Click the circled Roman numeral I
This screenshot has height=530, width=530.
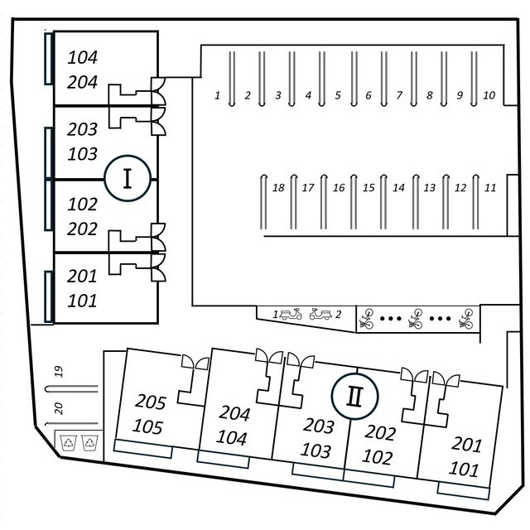(x=127, y=178)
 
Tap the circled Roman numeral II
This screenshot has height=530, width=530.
(x=354, y=396)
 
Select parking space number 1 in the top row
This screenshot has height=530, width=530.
(x=218, y=96)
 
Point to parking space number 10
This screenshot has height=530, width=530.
(x=489, y=96)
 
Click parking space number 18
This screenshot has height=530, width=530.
(x=278, y=189)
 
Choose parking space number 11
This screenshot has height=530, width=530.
(x=490, y=189)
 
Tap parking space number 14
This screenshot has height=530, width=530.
(x=398, y=189)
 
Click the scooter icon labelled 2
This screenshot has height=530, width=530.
(x=320, y=315)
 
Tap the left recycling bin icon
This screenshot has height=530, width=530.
(x=68, y=442)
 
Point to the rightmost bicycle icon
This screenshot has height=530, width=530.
(x=467, y=318)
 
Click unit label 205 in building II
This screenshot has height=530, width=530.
(x=152, y=403)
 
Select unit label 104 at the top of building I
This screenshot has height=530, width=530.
(x=83, y=58)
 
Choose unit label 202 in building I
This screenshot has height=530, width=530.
(x=83, y=229)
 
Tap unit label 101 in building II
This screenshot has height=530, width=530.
(x=464, y=470)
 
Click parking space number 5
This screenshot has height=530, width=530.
(x=338, y=96)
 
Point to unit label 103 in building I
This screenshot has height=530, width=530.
(x=83, y=154)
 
